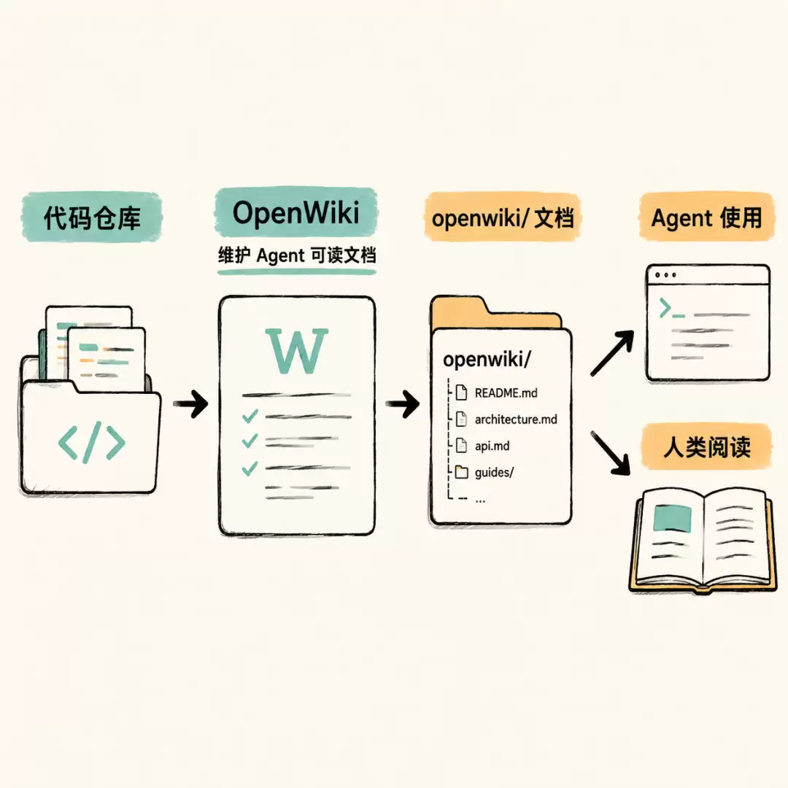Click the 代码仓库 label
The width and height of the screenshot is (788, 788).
tap(92, 217)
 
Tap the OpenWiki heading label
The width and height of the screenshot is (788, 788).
tap(296, 212)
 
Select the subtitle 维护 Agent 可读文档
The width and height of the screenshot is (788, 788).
tap(296, 255)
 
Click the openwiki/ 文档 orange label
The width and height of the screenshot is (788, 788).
tap(502, 217)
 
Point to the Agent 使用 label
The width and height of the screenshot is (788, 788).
tap(706, 217)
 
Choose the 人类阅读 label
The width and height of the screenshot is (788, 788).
tap(706, 447)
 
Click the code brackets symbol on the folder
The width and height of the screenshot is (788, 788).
tap(91, 442)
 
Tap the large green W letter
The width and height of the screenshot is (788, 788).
tap(296, 351)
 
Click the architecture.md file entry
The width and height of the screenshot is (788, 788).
tap(506, 419)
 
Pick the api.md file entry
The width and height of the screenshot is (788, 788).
tap(482, 446)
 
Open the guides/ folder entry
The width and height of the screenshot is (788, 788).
tap(484, 472)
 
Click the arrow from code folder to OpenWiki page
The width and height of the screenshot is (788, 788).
tap(191, 403)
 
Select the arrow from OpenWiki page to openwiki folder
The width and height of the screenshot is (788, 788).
tap(403, 403)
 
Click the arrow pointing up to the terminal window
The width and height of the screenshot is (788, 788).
tap(611, 353)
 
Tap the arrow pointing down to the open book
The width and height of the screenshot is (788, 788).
tap(611, 453)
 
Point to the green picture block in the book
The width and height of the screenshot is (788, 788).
tap(673, 518)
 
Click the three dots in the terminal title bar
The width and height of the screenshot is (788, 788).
tap(665, 275)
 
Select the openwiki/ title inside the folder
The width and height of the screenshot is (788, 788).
tap(487, 359)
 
